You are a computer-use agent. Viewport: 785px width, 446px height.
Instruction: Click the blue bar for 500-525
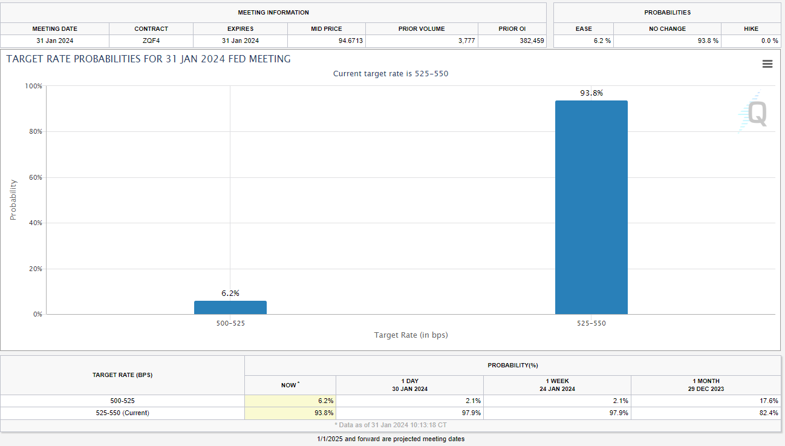[x=230, y=307]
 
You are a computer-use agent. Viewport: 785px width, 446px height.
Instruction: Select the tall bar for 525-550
[x=591, y=207]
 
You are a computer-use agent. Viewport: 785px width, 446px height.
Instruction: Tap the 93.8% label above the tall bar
[x=591, y=93]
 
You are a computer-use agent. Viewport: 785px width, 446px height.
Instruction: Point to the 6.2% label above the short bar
[x=230, y=293]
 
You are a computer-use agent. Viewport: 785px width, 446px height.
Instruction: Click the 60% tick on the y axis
[x=36, y=177]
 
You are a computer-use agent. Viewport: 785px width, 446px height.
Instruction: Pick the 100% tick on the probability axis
[x=33, y=86]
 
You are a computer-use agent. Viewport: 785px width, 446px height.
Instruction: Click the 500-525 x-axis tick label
[x=230, y=323]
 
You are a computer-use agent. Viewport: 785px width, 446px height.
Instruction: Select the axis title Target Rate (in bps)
[x=411, y=335]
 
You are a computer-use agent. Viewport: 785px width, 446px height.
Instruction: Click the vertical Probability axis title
[x=13, y=200]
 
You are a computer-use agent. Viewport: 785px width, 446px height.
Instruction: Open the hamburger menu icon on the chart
[x=767, y=64]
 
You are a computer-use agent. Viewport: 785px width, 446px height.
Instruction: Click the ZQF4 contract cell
[x=151, y=41]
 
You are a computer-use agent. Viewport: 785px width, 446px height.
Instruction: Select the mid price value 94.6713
[x=350, y=41]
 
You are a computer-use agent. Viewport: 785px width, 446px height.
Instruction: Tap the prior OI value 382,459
[x=532, y=41]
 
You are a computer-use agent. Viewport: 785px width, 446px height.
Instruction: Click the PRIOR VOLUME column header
[x=422, y=29]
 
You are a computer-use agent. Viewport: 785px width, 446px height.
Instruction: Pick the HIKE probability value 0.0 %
[x=769, y=41]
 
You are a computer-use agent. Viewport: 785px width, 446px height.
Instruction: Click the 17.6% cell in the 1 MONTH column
[x=769, y=401]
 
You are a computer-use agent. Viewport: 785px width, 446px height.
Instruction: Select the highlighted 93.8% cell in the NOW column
[x=290, y=413]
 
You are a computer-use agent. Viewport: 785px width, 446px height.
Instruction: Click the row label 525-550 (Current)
[x=122, y=413]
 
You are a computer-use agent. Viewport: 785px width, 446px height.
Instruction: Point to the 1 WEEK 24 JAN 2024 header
[x=557, y=385]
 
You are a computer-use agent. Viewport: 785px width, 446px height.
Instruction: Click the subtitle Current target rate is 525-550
[x=391, y=74]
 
